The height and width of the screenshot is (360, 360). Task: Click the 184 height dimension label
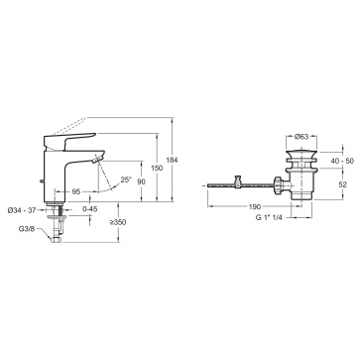(x=173, y=160)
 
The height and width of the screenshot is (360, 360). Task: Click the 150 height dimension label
(x=157, y=168)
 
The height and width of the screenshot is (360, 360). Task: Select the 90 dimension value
(x=141, y=181)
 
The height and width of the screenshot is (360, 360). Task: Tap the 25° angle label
(x=126, y=180)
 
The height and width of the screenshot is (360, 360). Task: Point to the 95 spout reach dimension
(x=76, y=191)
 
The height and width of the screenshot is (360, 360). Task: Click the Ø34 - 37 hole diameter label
(x=22, y=210)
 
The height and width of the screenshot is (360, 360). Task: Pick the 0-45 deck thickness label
(x=90, y=209)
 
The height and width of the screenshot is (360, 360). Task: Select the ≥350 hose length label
(x=118, y=222)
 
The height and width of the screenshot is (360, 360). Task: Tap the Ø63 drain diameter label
(x=301, y=137)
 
